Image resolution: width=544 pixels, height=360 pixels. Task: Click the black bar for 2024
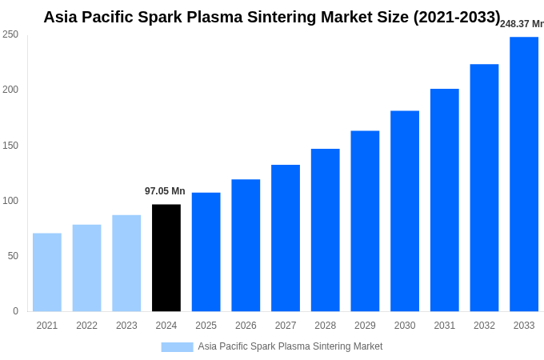(x=166, y=258)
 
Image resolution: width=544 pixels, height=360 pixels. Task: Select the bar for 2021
(x=47, y=272)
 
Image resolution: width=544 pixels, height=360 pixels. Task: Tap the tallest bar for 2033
(x=524, y=174)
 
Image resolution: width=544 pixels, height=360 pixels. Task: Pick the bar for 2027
(x=286, y=238)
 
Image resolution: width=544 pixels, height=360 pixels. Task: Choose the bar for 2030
(x=405, y=211)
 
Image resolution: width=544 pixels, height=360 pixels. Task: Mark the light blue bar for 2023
(x=126, y=263)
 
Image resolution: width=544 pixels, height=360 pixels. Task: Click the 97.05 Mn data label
(x=165, y=191)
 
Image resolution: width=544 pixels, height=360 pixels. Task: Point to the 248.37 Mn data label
(x=522, y=24)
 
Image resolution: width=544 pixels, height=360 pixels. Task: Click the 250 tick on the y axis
(x=10, y=34)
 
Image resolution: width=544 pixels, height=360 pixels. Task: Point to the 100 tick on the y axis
(x=10, y=201)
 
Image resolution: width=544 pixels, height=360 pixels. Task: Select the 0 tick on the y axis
(x=15, y=311)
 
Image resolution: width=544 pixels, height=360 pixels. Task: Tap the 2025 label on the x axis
(x=206, y=326)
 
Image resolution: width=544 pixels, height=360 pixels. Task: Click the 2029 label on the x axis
(x=365, y=326)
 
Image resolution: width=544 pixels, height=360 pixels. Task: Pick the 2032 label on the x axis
(x=484, y=326)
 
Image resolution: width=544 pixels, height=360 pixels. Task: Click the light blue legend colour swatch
(x=177, y=347)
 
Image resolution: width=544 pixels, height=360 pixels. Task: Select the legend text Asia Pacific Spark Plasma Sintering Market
(x=290, y=346)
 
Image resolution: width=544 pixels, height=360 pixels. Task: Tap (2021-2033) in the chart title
(x=457, y=17)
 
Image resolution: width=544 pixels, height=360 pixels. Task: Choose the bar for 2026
(x=246, y=245)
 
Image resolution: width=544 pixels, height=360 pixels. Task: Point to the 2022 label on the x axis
(x=86, y=326)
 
